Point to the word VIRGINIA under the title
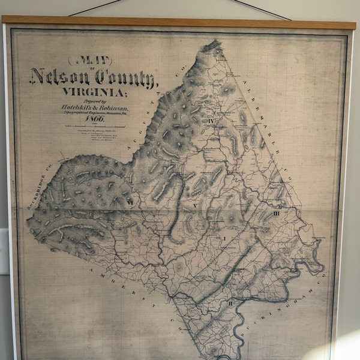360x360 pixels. pyautogui.click(x=90, y=92)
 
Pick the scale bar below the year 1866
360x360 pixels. pyautogui.click(x=90, y=127)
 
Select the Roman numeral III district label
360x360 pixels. pyautogui.click(x=277, y=213)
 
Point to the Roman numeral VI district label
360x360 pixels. pyautogui.click(x=128, y=203)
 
